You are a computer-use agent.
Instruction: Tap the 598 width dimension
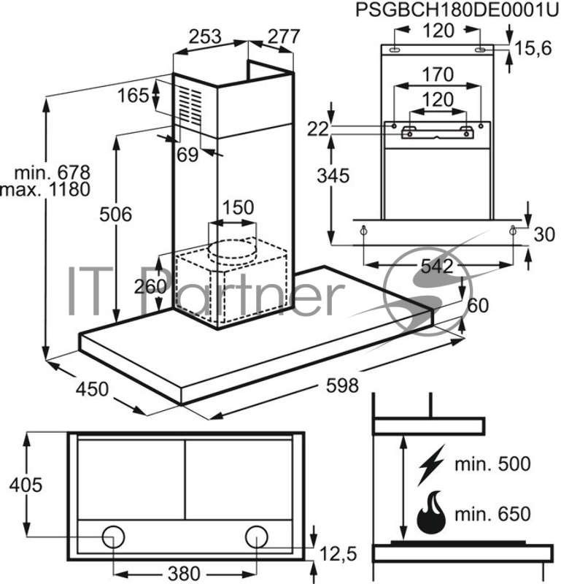342,385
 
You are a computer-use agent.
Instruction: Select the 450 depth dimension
92,390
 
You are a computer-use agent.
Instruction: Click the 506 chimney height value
116,215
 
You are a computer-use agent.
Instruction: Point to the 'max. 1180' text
45,190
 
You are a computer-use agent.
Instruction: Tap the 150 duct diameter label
239,207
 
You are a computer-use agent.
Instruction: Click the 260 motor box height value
151,285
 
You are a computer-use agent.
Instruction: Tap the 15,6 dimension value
533,49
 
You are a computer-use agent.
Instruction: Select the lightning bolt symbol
430,464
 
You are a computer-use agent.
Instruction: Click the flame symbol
430,512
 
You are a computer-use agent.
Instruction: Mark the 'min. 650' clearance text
492,515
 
